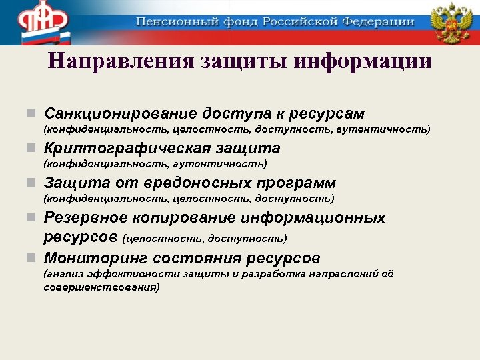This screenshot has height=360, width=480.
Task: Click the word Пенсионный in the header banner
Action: [x=169, y=22]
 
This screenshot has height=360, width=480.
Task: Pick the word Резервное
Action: [x=86, y=218]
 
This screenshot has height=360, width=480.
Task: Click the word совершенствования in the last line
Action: [x=101, y=287]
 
